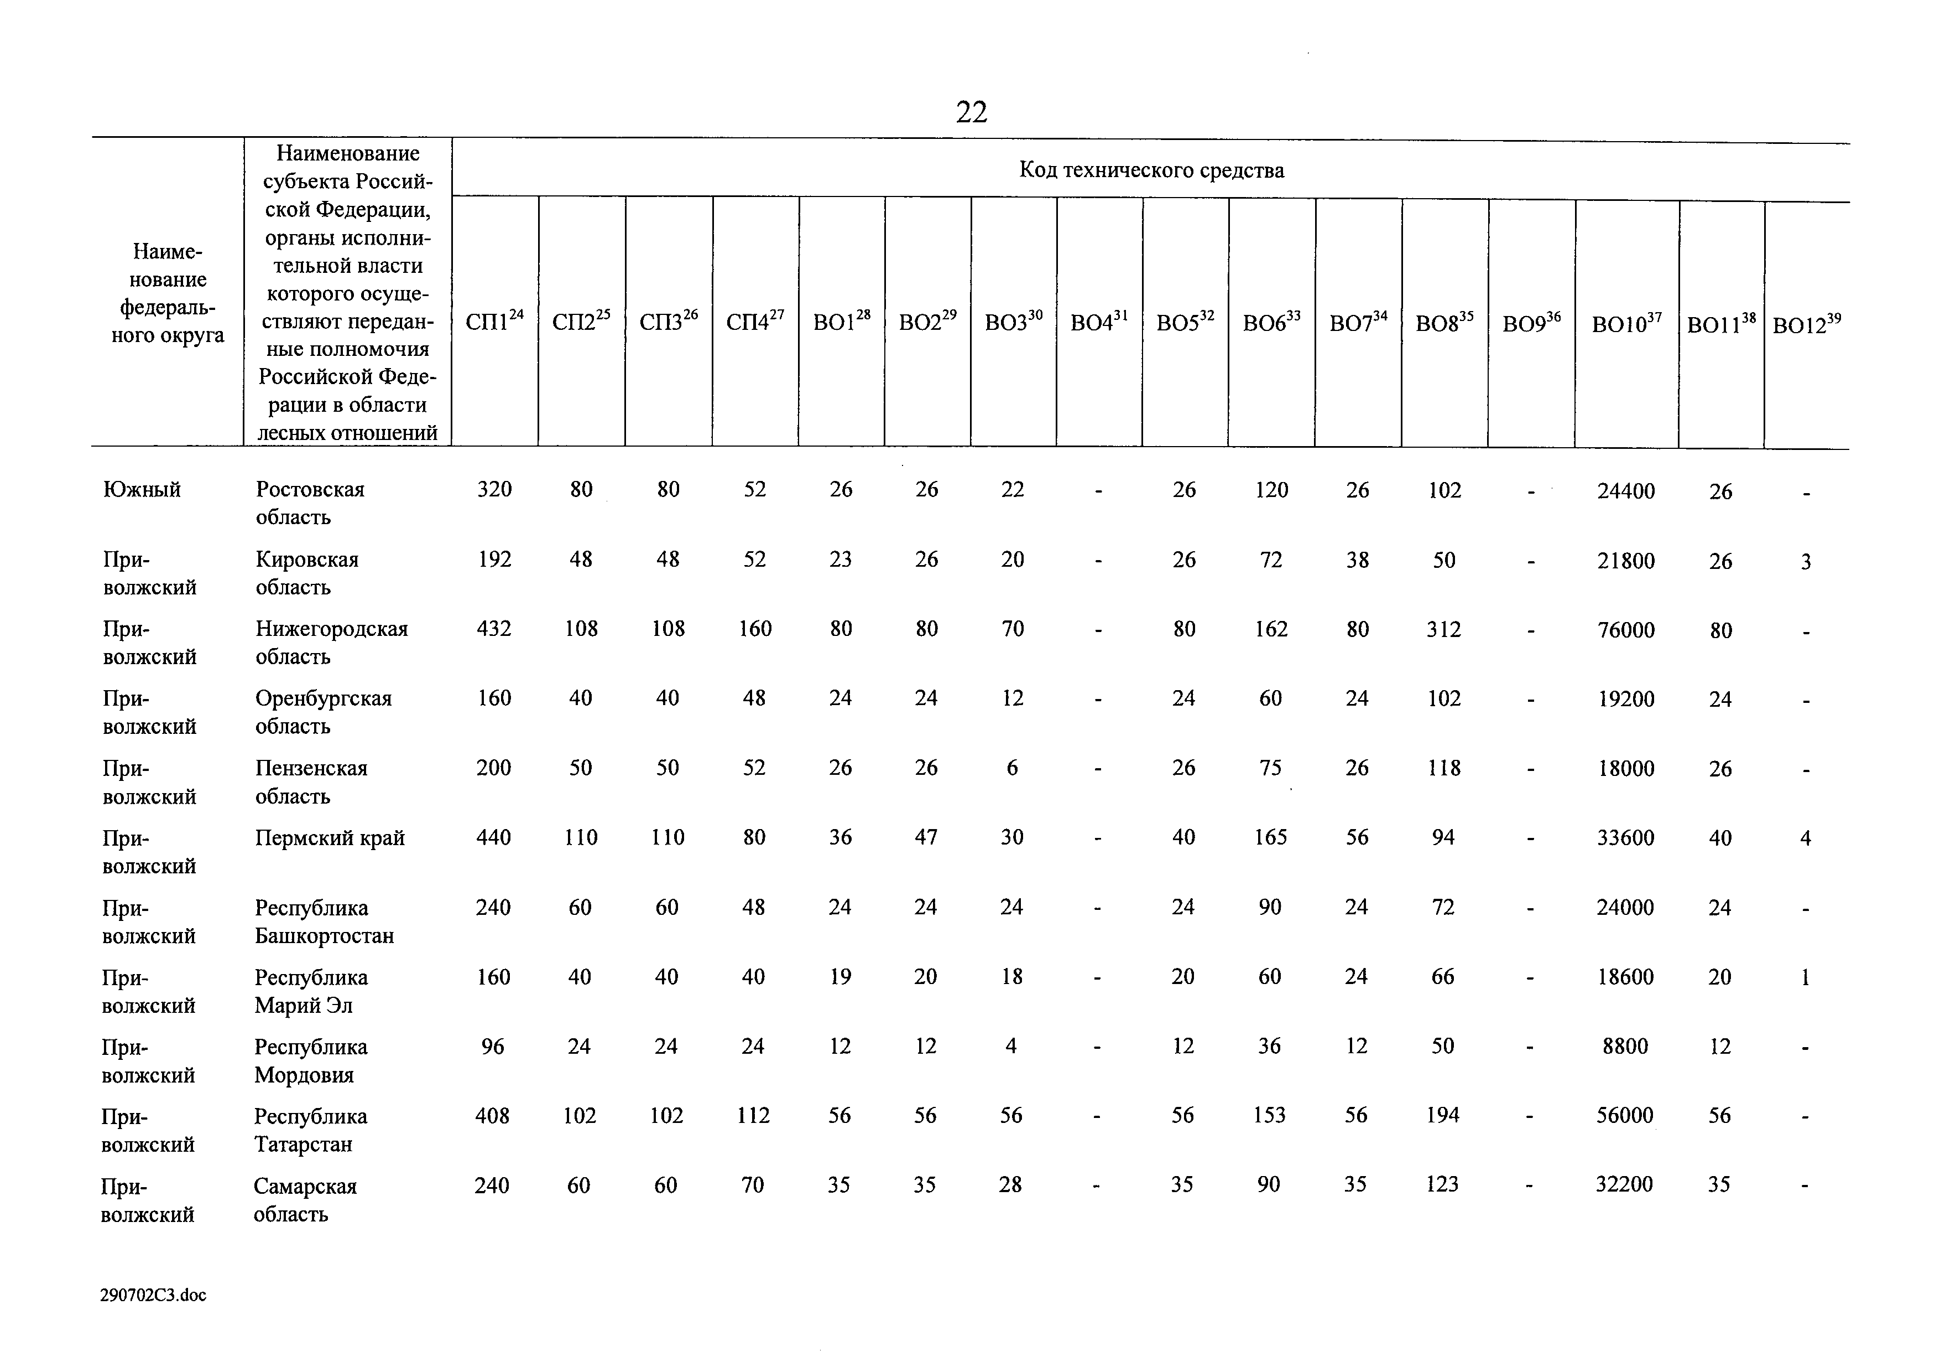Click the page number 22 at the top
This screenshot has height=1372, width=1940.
click(x=971, y=112)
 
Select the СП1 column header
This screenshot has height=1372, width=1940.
click(x=494, y=320)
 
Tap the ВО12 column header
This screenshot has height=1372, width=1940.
click(x=1807, y=325)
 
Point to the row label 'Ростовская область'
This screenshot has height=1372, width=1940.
click(x=310, y=503)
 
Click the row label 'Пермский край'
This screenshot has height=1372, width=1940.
click(x=330, y=838)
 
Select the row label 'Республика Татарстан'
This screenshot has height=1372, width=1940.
click(x=310, y=1130)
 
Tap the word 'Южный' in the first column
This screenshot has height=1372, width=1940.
click(x=142, y=489)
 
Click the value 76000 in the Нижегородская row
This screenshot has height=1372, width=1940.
click(x=1626, y=630)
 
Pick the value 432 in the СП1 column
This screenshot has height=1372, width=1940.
click(x=494, y=628)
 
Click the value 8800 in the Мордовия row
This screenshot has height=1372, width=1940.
click(x=1625, y=1047)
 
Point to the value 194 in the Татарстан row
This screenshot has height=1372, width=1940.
click(x=1443, y=1116)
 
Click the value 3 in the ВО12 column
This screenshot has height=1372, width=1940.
click(x=1806, y=561)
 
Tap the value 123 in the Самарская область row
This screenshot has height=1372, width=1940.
click(x=1442, y=1185)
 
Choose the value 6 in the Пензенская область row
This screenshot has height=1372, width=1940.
click(x=1012, y=768)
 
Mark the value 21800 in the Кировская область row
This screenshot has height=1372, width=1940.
click(x=1626, y=561)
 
